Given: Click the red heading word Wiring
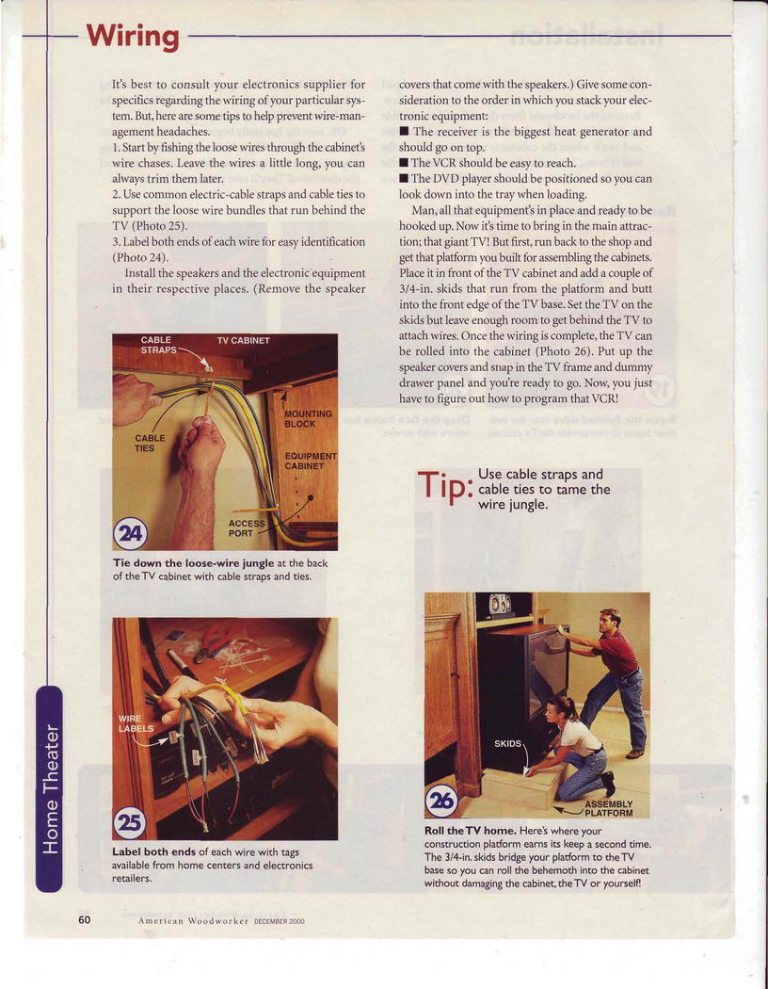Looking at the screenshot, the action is click(x=133, y=37).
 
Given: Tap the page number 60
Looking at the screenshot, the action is click(x=85, y=919).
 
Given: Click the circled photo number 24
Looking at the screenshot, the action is click(x=130, y=535).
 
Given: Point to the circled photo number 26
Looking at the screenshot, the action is click(x=441, y=801).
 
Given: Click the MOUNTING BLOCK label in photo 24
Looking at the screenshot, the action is click(x=308, y=419).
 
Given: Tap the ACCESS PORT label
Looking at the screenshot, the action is click(x=247, y=527).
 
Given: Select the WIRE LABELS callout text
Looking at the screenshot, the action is click(x=136, y=723).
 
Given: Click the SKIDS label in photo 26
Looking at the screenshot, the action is click(x=508, y=744).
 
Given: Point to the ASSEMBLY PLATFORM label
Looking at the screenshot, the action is click(x=609, y=808).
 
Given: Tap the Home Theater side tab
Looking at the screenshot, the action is click(x=49, y=788).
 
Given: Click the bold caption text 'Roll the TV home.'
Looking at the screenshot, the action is click(x=471, y=831).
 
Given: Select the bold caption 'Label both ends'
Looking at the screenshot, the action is click(x=154, y=851).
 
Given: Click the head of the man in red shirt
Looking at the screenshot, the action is click(x=609, y=622).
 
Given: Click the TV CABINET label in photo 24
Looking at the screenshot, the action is click(x=243, y=341).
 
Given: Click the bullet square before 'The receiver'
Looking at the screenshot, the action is click(x=404, y=131).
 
